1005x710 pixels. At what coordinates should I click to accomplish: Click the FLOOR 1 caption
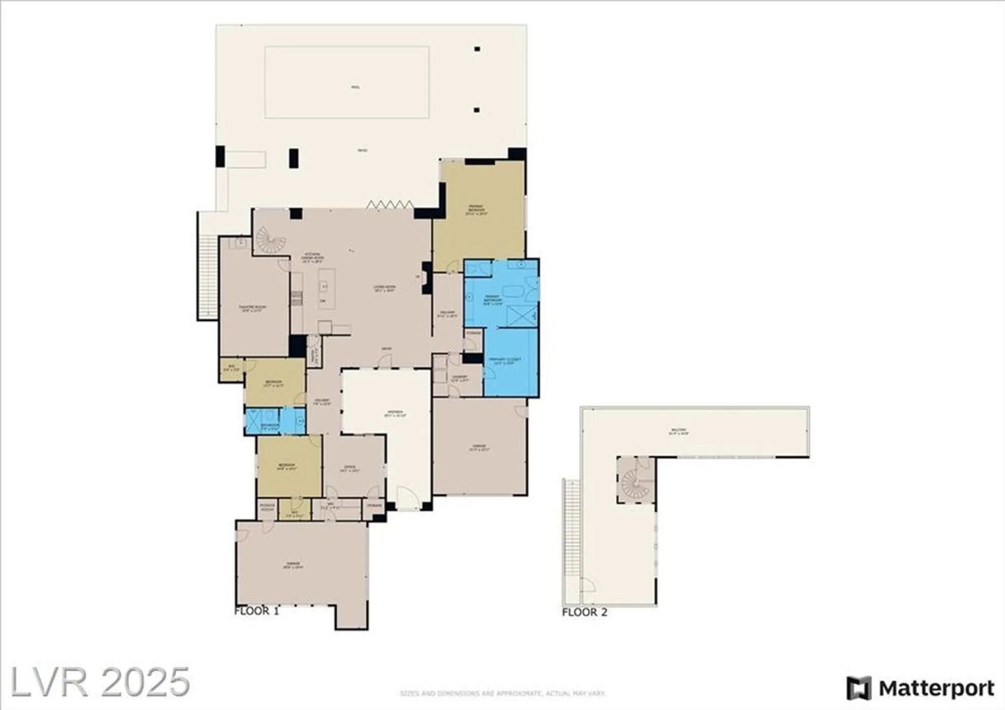[256, 611]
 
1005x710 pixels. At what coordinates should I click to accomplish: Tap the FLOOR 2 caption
[584, 612]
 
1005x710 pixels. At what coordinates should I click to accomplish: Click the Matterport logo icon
[858, 688]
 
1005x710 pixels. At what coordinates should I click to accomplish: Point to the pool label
[355, 87]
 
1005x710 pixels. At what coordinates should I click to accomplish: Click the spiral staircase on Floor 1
[270, 240]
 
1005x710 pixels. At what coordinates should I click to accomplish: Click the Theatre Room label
[252, 308]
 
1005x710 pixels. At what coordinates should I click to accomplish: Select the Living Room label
[384, 288]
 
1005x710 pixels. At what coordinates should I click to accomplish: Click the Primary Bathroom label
[492, 300]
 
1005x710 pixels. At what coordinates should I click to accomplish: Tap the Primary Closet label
[505, 361]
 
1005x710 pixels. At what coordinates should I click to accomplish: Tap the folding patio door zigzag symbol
[389, 205]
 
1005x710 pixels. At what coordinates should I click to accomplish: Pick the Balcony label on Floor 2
[678, 431]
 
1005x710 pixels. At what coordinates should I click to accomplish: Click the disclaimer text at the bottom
[502, 693]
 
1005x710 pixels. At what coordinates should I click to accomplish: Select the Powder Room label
[267, 507]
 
